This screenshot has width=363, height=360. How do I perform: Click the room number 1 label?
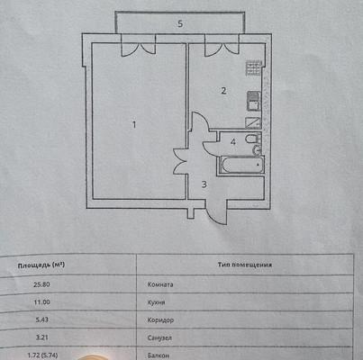pos(134,124)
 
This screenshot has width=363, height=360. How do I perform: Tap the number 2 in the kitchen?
pos(223,91)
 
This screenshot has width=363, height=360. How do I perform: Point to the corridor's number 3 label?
pos(204,184)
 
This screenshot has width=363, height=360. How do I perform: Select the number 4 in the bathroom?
pos(233,142)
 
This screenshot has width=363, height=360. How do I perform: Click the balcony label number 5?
pos(180,23)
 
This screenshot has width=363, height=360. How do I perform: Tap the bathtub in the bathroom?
pos(241,165)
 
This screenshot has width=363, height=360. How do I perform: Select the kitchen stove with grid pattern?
pos(254,68)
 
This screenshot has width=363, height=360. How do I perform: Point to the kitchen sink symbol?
pos(254,102)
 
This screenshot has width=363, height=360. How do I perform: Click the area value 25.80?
pos(41,284)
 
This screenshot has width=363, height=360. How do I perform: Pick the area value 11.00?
pos(41,302)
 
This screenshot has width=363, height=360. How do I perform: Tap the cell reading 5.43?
pos(42,319)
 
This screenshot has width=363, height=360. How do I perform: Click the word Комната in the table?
pos(160,284)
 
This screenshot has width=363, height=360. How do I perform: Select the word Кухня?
pos(156,302)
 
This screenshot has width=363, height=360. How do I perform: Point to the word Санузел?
pos(159,338)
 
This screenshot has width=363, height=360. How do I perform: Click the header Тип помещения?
pos(245,265)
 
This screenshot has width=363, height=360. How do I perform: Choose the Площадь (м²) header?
pos(41,265)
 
